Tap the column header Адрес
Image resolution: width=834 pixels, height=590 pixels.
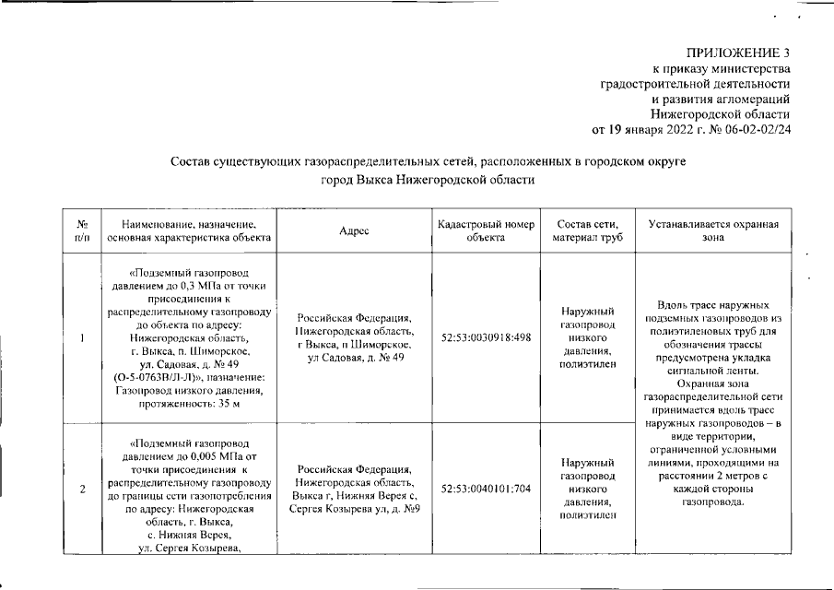coord(354,230)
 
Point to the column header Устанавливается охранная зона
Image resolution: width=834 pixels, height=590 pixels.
coord(713,230)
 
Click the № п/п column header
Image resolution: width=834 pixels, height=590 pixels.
coord(82,230)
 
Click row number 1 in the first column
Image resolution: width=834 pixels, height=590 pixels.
coord(82,337)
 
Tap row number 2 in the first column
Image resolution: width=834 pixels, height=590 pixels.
coord(82,489)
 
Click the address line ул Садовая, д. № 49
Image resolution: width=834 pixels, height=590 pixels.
coord(354,357)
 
